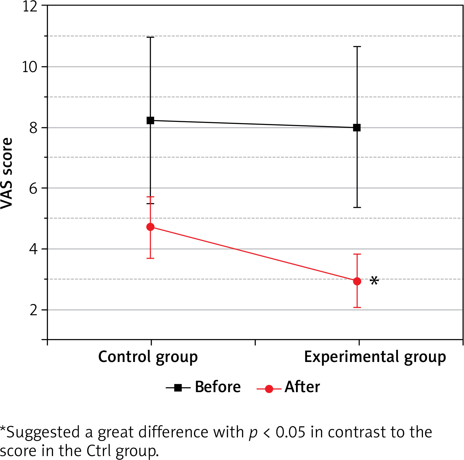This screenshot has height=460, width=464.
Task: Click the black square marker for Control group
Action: [x=150, y=120]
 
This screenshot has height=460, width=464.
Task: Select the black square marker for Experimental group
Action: [x=357, y=128]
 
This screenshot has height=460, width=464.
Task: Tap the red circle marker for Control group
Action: [x=150, y=227]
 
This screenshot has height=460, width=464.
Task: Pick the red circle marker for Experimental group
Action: [x=357, y=281]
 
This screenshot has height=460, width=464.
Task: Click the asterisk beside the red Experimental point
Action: [x=374, y=281]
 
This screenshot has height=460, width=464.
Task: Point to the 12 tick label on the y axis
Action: [x=30, y=6]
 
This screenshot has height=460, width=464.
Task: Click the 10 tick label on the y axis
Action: [x=30, y=67]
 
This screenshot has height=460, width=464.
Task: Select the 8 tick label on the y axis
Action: [x=33, y=128]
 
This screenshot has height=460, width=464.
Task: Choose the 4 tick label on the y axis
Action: [x=33, y=249]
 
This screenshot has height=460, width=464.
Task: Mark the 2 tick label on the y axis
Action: [x=33, y=310]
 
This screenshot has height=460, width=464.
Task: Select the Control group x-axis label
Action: [x=148, y=357]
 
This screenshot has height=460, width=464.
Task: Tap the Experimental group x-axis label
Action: [x=375, y=357]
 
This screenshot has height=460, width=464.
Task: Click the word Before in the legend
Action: [x=218, y=387]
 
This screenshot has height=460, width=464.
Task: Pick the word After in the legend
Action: [x=302, y=387]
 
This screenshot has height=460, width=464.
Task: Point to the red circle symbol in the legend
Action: [x=269, y=389]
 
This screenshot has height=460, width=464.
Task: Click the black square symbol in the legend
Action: [x=178, y=388]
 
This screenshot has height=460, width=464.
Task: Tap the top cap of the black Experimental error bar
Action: [x=357, y=47]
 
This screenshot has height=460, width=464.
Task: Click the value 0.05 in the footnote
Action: [x=291, y=432]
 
